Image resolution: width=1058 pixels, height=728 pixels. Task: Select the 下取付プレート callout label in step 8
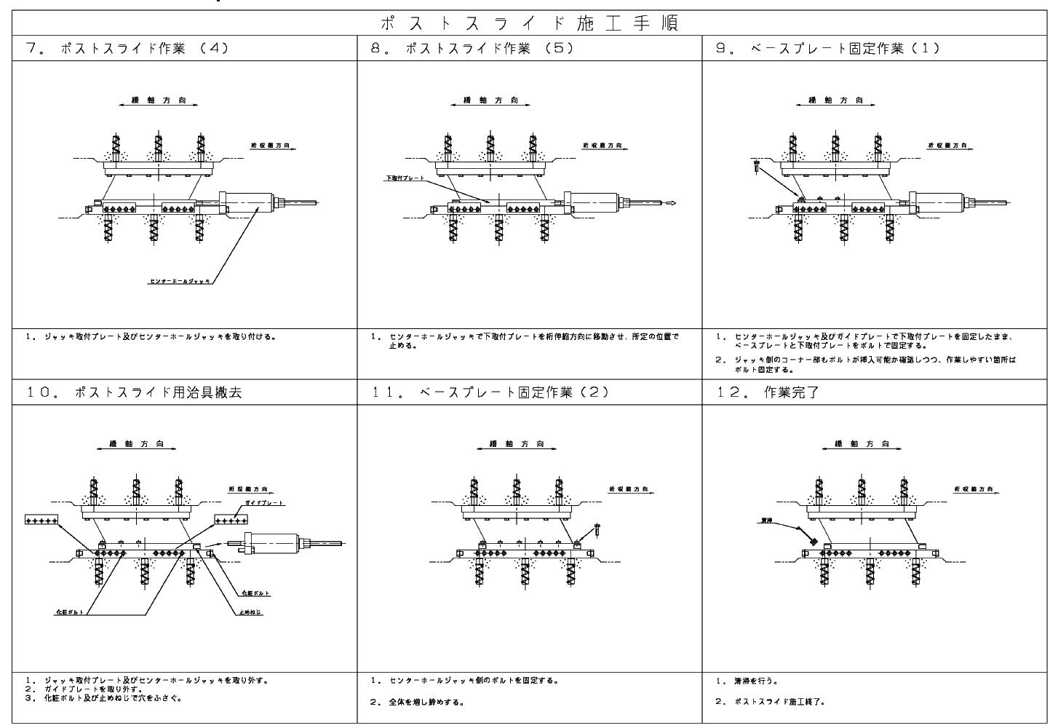(405, 178)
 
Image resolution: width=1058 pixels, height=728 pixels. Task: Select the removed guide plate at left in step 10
(41, 520)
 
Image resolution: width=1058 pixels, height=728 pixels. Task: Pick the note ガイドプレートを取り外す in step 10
(95, 689)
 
